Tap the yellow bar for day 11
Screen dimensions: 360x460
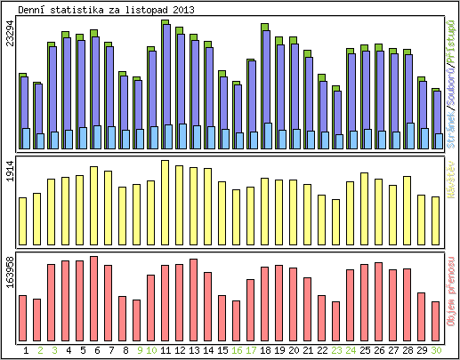click(165, 190)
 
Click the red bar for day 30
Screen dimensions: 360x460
click(436, 315)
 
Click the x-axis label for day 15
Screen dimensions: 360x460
click(222, 350)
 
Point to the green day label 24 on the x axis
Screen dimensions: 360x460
click(351, 350)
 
